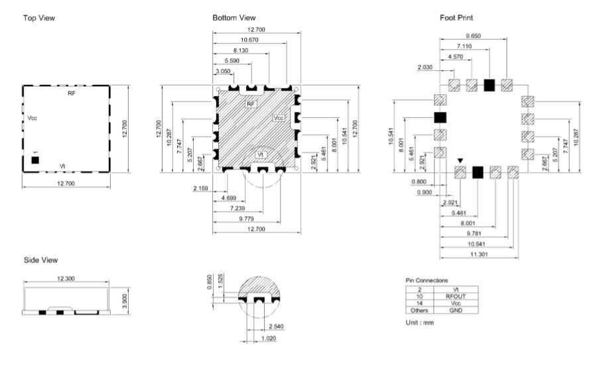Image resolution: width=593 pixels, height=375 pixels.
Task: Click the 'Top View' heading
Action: coord(39,18)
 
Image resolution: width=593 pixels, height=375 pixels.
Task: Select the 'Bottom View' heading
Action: coord(234,18)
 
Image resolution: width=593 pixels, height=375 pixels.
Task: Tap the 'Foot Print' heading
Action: coord(456,18)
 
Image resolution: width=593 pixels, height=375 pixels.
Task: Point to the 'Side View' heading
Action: coord(41,260)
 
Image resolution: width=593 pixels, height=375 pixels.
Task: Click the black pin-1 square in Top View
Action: coord(35,160)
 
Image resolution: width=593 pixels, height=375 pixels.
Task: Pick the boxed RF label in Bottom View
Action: coord(251,104)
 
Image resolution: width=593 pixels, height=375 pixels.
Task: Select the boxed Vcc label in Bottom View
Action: coord(279,118)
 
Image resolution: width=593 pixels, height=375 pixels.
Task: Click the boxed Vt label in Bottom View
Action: coord(260,155)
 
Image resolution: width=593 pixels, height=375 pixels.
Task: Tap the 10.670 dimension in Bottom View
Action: coord(249,40)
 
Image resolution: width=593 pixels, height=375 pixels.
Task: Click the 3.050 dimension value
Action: coord(223,72)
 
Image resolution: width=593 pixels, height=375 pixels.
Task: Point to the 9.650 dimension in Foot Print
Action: coord(473,36)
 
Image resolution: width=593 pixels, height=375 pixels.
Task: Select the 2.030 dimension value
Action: coord(425,68)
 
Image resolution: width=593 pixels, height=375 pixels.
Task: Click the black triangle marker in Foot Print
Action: coord(460,161)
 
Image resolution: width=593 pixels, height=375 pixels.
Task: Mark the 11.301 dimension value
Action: coord(479,254)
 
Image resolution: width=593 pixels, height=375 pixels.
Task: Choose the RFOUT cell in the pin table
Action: coord(455,296)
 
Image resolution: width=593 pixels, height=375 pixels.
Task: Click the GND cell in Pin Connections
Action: coord(456,311)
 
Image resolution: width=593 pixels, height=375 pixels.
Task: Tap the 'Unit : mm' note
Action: coord(419,323)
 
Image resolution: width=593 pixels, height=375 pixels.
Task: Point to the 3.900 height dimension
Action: coord(125,301)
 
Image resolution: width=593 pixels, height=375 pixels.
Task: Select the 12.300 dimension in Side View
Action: coord(66,279)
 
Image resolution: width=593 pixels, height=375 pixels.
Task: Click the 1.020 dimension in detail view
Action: coord(269,339)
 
